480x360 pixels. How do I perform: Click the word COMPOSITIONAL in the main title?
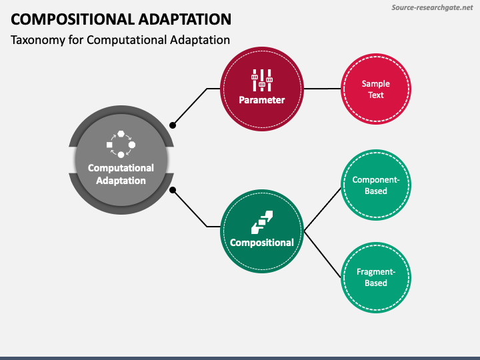(73, 19)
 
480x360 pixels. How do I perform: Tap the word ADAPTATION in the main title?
(185, 19)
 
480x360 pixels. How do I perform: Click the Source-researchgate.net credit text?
(432, 7)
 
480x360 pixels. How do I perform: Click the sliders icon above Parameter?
(262, 80)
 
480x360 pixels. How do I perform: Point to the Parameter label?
(262, 100)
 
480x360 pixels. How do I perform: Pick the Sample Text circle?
(376, 89)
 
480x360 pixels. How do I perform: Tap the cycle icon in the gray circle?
(121, 144)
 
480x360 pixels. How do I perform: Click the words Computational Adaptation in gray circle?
(121, 174)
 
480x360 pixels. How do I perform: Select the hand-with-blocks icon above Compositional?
(262, 222)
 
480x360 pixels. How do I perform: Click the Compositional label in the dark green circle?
(262, 243)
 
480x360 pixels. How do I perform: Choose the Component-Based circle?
(376, 185)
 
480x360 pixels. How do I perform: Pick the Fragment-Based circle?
(376, 277)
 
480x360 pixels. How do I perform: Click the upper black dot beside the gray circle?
(173, 125)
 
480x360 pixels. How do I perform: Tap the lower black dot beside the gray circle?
(173, 190)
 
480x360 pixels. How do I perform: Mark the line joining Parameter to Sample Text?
(323, 89)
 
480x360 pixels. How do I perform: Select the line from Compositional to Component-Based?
(323, 209)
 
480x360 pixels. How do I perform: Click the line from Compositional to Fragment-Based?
(323, 255)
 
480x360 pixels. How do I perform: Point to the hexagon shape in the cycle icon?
(121, 134)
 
